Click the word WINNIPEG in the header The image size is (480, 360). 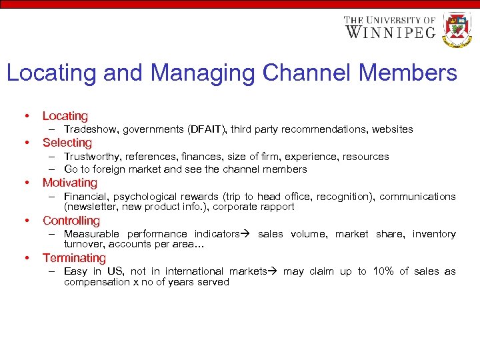[391, 32]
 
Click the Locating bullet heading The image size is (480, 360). [65, 116]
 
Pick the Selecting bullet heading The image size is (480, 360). [67, 143]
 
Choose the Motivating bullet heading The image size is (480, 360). [69, 183]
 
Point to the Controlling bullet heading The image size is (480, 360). [71, 221]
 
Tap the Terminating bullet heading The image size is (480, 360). [74, 258]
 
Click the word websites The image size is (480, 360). [392, 129]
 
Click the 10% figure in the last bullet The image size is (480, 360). [384, 271]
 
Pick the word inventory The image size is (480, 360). [434, 234]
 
